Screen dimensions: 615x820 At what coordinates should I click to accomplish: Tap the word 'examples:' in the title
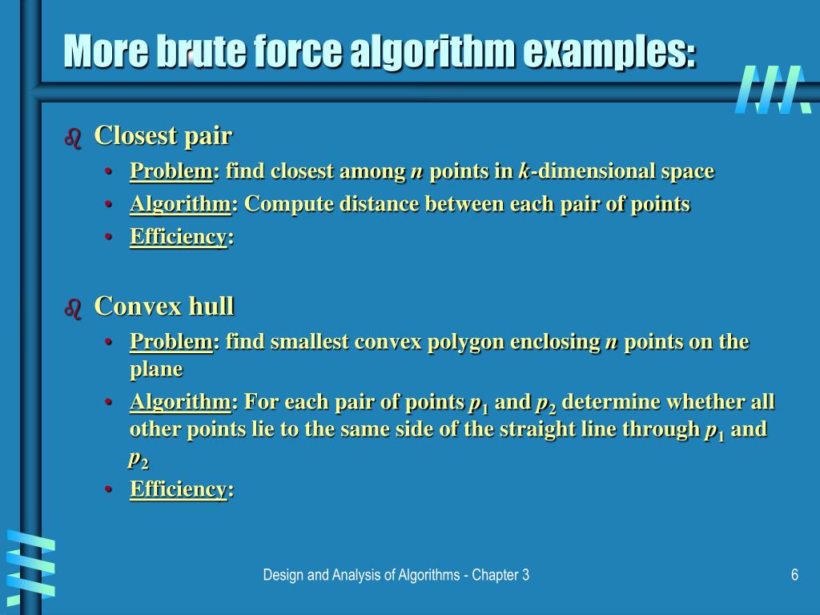tap(609, 52)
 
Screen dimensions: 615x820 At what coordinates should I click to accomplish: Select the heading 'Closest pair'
tap(163, 136)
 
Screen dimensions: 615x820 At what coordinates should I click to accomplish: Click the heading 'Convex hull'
tap(164, 306)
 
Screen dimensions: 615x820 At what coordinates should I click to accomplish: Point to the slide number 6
tap(794, 575)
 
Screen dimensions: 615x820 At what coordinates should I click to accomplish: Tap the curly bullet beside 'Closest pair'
tap(73, 139)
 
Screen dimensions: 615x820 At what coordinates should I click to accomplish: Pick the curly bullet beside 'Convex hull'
tap(73, 309)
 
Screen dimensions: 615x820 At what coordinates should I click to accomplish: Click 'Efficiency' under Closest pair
tap(179, 237)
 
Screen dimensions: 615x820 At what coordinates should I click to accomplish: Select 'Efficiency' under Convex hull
tap(179, 489)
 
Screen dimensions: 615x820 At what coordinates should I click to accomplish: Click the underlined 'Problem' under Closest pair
tap(171, 171)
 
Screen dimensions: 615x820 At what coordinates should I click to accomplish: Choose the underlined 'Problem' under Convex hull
tap(171, 342)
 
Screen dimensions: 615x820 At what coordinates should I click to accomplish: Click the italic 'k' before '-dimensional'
tap(524, 171)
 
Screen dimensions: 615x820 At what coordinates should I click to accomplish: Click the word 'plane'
tap(156, 369)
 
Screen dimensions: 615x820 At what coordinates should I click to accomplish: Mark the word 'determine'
tap(611, 401)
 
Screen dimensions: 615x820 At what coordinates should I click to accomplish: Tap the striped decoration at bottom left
tap(30, 564)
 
